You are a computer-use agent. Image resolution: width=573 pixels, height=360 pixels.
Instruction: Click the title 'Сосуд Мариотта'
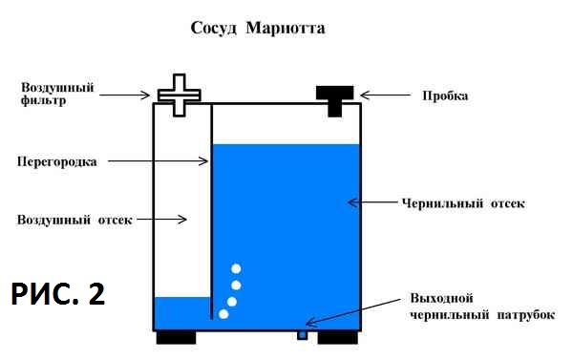258,29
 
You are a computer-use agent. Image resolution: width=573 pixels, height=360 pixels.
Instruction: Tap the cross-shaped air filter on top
180,95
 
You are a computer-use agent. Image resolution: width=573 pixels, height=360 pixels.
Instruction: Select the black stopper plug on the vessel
335,101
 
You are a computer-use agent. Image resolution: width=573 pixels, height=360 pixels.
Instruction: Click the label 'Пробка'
445,95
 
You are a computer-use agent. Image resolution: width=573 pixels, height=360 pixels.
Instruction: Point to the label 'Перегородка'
57,161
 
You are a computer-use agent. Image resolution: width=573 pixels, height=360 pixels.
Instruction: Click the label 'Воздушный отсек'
74,220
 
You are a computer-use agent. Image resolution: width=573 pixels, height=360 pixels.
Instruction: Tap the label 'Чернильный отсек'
463,202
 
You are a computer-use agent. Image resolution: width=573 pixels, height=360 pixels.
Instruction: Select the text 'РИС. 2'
58,294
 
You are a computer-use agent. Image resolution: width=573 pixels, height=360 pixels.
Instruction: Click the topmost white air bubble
236,269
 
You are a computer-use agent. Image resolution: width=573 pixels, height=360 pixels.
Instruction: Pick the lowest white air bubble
223,314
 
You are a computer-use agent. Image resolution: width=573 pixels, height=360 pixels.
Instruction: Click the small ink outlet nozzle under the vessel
302,335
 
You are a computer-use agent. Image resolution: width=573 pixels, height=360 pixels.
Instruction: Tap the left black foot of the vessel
176,337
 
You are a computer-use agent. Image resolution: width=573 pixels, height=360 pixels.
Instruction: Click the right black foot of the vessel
338,337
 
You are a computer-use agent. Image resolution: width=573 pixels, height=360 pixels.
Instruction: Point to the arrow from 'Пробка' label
386,95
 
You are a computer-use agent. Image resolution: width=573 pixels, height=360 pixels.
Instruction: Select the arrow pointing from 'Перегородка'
158,160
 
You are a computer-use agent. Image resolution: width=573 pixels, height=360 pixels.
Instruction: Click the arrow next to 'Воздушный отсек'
161,220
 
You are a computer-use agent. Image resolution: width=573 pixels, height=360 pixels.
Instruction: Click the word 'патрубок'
525,315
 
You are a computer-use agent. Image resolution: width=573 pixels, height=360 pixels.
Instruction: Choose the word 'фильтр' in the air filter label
43,100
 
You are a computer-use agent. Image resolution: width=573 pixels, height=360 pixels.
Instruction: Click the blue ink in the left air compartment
182,313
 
